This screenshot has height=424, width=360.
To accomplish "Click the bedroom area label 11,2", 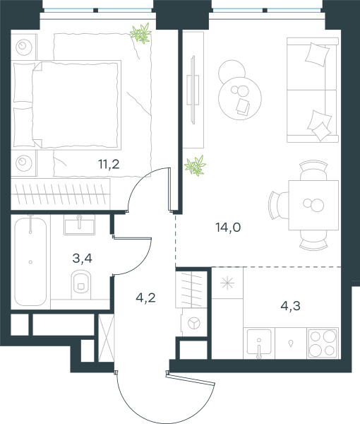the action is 109,164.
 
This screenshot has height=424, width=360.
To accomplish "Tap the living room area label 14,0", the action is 228,227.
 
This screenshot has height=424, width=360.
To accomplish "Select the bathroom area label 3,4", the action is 82,258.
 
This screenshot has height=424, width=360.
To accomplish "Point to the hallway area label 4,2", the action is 145,298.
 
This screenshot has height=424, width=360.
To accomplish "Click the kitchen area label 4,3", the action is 291,306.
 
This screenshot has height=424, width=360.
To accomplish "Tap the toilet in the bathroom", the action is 81,284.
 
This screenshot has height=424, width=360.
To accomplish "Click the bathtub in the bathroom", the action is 30,261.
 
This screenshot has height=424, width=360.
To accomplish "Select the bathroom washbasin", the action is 79,225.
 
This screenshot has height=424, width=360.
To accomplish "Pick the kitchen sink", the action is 259,342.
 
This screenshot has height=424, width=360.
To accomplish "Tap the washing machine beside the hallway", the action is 193,323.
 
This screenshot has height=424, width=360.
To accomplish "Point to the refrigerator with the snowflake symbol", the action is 227,283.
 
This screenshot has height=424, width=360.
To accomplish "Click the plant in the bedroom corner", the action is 140,33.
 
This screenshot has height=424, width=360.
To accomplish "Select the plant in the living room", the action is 195,165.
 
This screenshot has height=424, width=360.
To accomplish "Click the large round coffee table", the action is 240,98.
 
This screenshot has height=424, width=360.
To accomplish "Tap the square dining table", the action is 313,205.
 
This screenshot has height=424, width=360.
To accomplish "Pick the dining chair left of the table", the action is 278,205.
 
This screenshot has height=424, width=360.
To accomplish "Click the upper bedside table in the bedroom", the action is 24,47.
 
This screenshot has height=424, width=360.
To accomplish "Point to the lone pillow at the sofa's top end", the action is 317,54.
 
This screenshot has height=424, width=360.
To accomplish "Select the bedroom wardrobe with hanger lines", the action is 61,194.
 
